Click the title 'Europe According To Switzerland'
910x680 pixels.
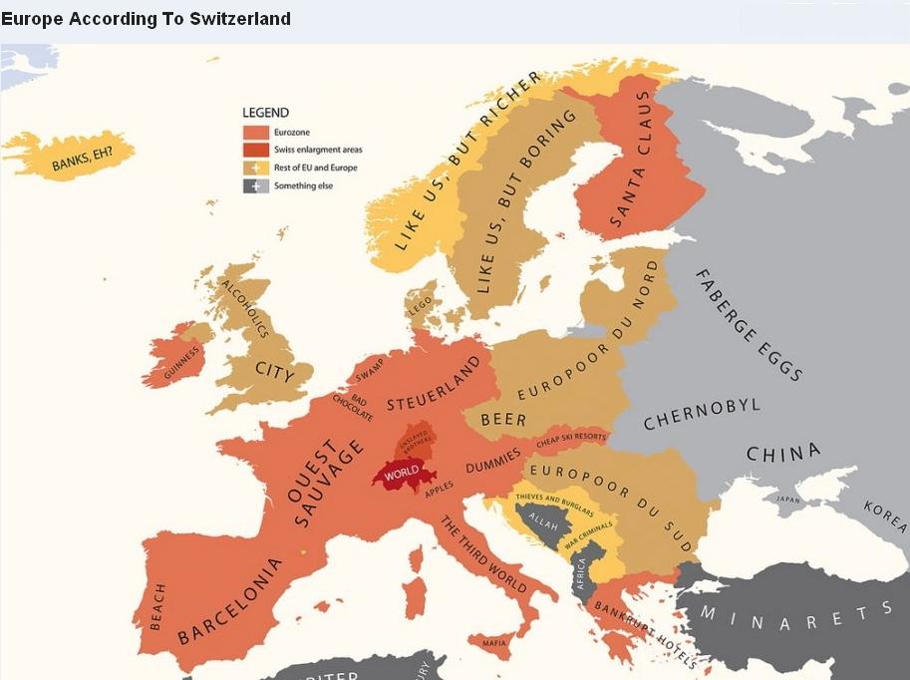[147, 19]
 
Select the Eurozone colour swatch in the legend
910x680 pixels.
[256, 132]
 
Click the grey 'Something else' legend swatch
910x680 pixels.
[256, 185]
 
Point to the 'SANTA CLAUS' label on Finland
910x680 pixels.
[630, 160]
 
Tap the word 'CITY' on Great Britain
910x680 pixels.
[275, 372]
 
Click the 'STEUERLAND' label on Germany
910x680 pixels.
[433, 390]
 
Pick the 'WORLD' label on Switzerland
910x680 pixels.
[401, 473]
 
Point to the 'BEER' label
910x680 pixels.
[503, 420]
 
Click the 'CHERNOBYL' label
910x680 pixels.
[702, 414]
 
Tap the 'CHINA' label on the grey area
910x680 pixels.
[783, 453]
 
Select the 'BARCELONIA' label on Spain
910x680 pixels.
[230, 600]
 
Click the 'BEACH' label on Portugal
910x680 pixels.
[157, 607]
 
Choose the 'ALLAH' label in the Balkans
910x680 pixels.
[543, 522]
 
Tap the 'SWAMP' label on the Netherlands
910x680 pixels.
[369, 370]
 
